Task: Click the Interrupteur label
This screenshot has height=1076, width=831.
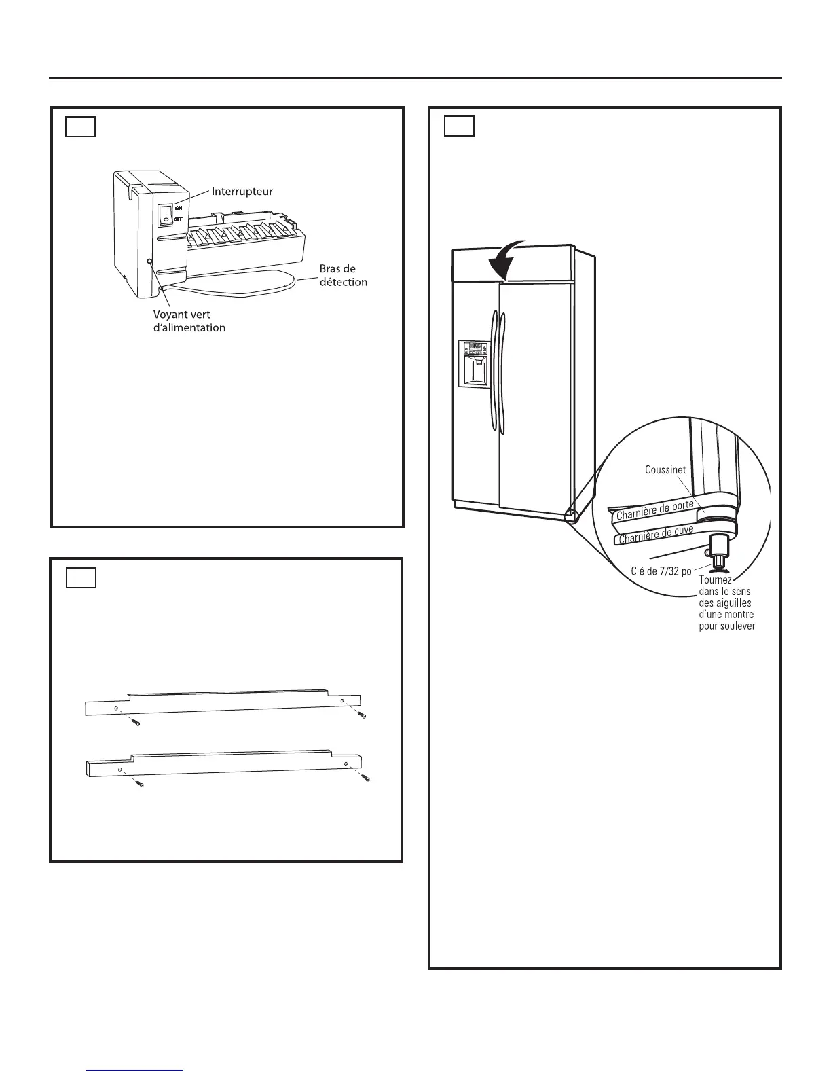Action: (x=242, y=191)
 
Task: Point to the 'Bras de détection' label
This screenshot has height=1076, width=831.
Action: (x=344, y=275)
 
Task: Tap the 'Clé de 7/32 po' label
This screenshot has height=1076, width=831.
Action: (x=657, y=571)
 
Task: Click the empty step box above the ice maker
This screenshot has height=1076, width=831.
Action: (x=80, y=127)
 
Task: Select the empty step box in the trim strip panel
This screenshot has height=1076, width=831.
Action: (x=81, y=577)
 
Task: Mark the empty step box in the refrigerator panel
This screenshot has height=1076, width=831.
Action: (x=459, y=126)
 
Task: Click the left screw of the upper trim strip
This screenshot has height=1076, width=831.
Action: (x=136, y=723)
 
